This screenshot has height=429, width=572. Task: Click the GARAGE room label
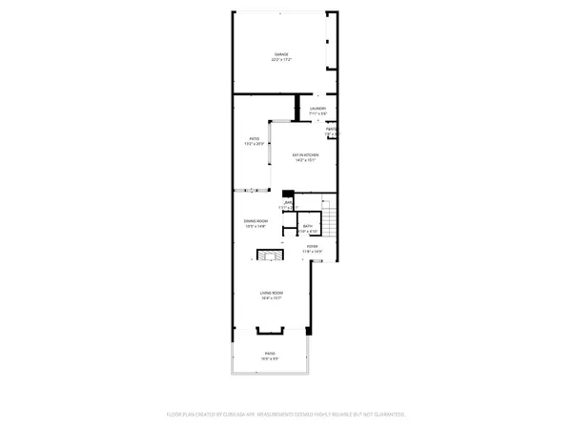(282, 54)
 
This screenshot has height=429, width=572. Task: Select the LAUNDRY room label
(318, 109)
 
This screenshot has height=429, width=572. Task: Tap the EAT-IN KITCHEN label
(305, 154)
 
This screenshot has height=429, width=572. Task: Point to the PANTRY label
(332, 130)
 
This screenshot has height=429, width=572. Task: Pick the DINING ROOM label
(255, 221)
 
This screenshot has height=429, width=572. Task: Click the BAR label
(287, 203)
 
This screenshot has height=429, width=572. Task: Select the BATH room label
(308, 226)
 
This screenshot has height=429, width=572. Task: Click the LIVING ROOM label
(273, 293)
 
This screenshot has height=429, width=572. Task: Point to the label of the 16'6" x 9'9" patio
(270, 353)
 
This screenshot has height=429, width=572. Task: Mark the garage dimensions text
(282, 60)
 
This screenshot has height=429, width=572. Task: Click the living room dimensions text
(273, 298)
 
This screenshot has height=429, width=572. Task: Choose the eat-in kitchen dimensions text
(305, 160)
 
